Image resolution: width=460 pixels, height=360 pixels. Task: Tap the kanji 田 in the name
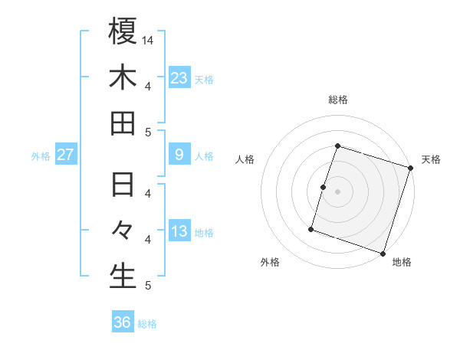(x=123, y=123)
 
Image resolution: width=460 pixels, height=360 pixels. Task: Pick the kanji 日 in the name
(x=123, y=185)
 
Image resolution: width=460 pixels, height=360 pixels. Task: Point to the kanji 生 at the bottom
(x=123, y=276)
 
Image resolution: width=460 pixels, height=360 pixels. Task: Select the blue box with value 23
(x=179, y=77)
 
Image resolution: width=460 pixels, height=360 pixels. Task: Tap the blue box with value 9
(x=179, y=155)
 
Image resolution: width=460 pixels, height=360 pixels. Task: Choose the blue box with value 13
(x=179, y=231)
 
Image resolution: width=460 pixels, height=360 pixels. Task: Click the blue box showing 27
(x=65, y=155)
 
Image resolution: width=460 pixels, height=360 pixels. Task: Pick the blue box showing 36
(x=123, y=322)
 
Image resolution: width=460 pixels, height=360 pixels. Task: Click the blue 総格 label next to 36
(x=148, y=324)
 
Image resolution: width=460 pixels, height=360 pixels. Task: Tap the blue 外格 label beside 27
(x=41, y=156)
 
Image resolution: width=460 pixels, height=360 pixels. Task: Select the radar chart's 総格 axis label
(x=338, y=100)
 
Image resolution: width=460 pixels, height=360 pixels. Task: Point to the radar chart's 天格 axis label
(x=431, y=159)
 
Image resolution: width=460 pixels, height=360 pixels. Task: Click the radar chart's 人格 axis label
(x=245, y=159)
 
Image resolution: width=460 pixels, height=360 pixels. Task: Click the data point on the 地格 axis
(x=383, y=253)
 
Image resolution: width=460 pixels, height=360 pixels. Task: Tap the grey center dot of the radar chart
(x=338, y=191)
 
